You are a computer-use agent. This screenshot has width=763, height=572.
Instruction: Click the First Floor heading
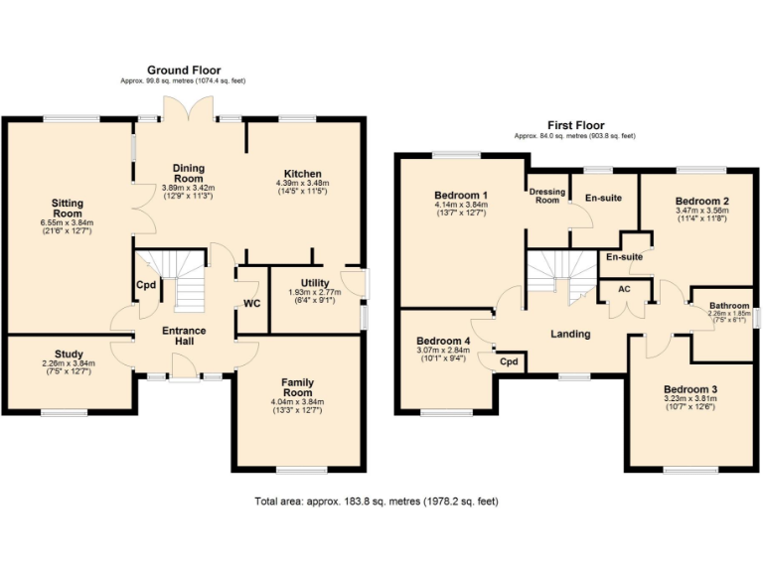point(574,125)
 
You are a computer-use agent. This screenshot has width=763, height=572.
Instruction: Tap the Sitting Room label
point(68,209)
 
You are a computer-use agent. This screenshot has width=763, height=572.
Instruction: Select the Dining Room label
point(188,174)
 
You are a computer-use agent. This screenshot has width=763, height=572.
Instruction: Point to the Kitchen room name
point(301,172)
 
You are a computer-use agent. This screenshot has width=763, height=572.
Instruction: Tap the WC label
point(251,303)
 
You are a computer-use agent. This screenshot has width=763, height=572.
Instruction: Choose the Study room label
point(69,354)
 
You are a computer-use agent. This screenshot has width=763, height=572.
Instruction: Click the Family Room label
point(298,387)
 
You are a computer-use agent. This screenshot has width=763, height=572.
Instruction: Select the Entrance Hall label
point(185,337)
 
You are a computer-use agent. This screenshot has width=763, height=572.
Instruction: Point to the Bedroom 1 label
point(461,194)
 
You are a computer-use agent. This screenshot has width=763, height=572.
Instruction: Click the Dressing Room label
point(545,195)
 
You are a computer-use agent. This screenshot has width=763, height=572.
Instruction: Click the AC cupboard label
point(624,289)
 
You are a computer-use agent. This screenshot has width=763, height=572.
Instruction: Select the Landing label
point(570,334)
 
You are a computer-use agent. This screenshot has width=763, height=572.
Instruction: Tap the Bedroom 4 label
point(443,341)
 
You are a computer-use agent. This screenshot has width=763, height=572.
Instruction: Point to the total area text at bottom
point(376,502)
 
